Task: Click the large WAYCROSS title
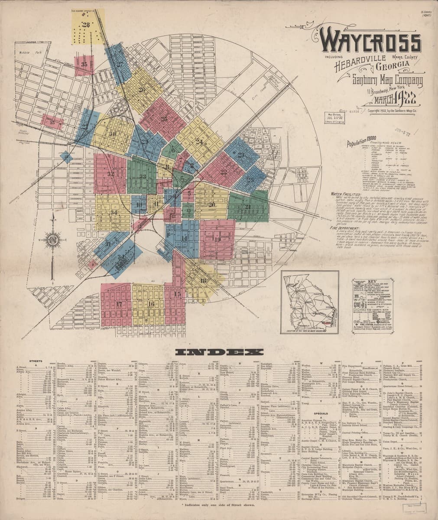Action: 370,42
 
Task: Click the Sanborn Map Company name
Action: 380,81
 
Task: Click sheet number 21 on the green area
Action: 247,207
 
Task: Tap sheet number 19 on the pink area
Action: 217,239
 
